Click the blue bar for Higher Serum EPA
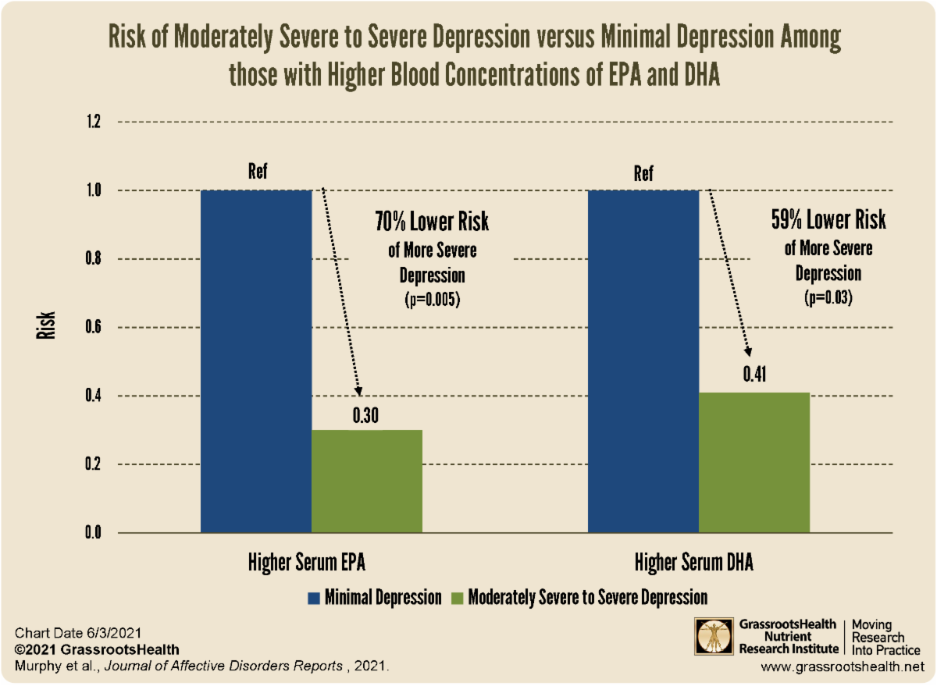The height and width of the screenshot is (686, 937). click(x=256, y=361)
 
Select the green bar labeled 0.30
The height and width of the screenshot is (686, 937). click(x=367, y=482)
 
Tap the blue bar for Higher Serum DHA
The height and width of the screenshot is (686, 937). click(x=643, y=361)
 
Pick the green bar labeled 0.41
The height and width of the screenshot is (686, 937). click(x=754, y=463)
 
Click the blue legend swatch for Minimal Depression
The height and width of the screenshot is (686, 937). click(x=315, y=598)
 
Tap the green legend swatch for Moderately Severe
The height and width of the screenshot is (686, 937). click(x=456, y=598)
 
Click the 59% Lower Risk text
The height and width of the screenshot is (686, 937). click(x=828, y=220)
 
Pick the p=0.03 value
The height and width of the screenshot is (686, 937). click(x=828, y=298)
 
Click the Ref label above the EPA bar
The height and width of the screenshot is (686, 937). click(x=257, y=172)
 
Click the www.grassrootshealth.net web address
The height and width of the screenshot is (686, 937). click(x=843, y=667)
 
